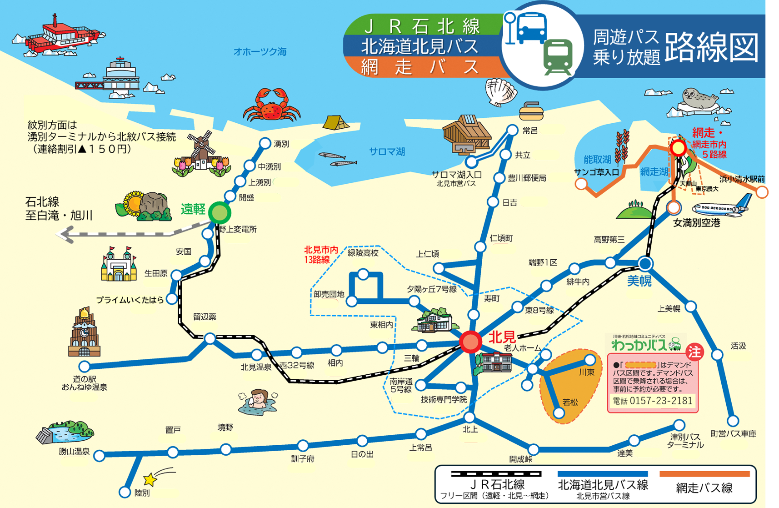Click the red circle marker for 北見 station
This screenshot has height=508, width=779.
coord(470,342)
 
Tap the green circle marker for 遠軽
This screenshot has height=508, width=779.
coord(220,212)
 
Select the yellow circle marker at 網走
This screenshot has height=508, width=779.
coord(678,148)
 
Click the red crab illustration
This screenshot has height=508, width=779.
coord(272,106)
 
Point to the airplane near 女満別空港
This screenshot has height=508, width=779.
coord(721,207)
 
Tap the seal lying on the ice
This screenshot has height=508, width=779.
coord(700,99)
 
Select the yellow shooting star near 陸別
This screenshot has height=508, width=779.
coord(150,479)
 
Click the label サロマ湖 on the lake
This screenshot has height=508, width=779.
coord(387,152)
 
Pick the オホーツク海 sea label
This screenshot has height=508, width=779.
coord(260,52)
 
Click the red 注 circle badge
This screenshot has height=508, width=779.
coord(694,352)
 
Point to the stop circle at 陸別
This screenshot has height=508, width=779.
coord(125,492)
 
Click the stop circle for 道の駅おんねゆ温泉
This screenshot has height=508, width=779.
coord(85,367)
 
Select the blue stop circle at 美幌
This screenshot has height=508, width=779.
coord(645,263)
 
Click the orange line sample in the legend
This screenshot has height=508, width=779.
coord(704,474)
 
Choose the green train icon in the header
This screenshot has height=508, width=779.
coord(558,57)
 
